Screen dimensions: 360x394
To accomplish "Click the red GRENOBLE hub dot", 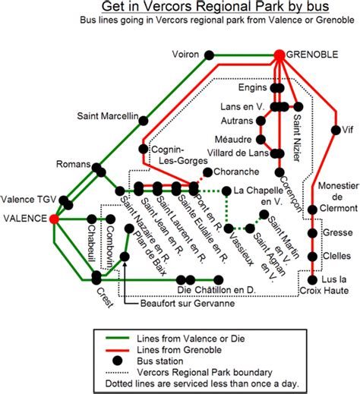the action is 279,55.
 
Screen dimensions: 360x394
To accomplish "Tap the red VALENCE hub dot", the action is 54,219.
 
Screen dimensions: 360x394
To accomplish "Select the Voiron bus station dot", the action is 209,55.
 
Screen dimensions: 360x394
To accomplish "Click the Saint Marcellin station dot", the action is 144,121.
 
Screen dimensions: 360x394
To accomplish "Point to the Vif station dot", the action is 336,130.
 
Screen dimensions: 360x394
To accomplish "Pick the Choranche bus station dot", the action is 207,172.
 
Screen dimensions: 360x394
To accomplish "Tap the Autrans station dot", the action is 261,121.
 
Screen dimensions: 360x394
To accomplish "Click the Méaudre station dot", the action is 261,140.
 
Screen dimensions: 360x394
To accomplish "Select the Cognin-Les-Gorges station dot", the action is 144,149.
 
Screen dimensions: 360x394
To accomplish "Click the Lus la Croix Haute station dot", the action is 312,280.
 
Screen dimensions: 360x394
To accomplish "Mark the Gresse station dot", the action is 312,233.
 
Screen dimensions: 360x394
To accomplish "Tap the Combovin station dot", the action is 110,219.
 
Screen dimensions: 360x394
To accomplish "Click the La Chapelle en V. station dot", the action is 226,191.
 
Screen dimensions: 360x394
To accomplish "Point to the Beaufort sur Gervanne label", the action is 188,303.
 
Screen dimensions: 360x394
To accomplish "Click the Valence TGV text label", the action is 28,200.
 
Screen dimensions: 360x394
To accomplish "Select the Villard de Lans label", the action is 238,153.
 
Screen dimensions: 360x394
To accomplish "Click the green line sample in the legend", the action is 117,338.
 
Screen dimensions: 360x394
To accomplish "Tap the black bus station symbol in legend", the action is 117,361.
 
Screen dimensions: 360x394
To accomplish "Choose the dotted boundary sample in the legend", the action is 117,373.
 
